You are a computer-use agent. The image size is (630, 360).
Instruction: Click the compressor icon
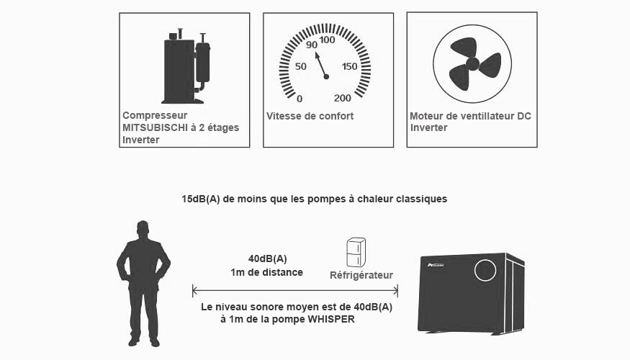click(186, 66)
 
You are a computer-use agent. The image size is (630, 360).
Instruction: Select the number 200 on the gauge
click(342, 98)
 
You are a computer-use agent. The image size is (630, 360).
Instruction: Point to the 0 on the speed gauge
click(300, 99)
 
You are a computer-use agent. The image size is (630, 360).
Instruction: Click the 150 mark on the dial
click(349, 66)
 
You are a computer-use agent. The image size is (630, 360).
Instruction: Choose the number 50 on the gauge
click(300, 66)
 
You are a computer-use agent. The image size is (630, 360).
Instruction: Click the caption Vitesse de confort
click(310, 116)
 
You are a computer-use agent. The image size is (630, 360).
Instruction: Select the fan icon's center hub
click(472, 63)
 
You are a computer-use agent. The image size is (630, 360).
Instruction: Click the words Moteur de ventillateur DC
click(470, 116)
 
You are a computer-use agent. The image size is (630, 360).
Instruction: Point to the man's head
click(143, 229)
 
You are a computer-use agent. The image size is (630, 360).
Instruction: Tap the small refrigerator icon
click(356, 252)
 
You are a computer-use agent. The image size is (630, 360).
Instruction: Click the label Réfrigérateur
click(361, 275)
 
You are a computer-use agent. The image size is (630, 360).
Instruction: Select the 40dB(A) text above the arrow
click(268, 258)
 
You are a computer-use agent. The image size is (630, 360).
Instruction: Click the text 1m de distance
click(267, 272)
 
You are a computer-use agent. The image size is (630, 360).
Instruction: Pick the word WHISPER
click(331, 320)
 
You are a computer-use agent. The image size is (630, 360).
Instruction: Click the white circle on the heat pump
click(485, 270)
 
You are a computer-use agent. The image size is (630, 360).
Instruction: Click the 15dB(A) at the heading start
click(200, 199)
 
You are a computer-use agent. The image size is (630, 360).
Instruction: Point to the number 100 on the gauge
click(328, 40)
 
